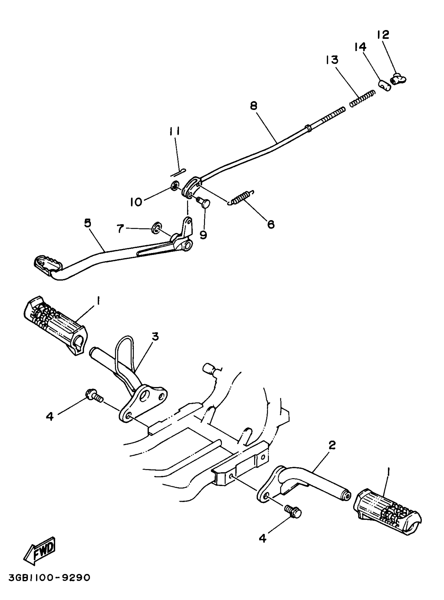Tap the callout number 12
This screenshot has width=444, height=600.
[x=383, y=35]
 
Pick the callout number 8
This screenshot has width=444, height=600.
[x=253, y=106]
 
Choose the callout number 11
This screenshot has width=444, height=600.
[x=175, y=131]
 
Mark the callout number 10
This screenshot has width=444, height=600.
[x=136, y=202]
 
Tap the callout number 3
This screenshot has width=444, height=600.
[x=155, y=336]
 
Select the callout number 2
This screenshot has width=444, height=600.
[x=332, y=445]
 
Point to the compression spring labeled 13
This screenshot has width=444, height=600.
[x=362, y=99]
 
